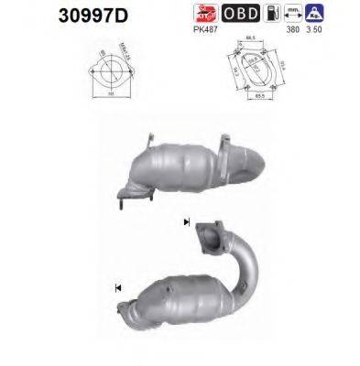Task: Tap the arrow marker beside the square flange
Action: (x=188, y=222)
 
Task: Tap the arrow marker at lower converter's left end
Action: (x=118, y=289)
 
